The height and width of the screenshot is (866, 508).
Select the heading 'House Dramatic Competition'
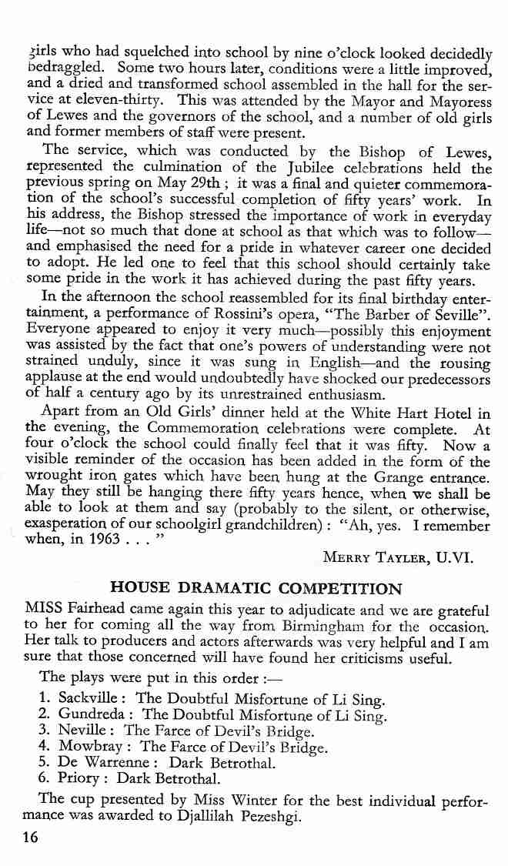click(x=256, y=590)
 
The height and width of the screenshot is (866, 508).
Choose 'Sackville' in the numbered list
click(x=94, y=700)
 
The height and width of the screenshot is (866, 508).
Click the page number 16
click(x=31, y=839)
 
